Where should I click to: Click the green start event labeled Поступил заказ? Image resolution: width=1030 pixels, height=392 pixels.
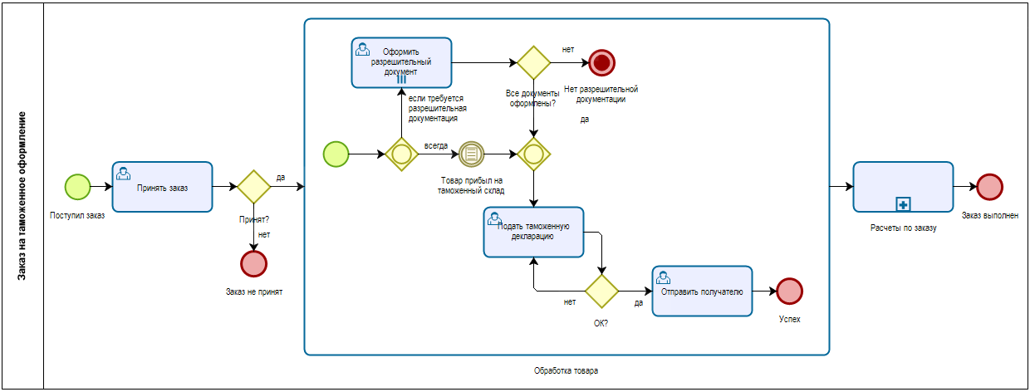tap(78, 187)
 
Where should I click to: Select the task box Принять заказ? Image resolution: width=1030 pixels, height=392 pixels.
tap(162, 187)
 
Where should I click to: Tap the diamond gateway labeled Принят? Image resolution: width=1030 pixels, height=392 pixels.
tap(254, 187)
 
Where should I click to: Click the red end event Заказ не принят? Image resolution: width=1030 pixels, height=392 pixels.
tap(254, 264)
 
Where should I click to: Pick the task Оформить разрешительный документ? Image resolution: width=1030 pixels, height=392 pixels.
tap(401, 62)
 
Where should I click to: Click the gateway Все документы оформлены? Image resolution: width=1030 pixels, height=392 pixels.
tap(533, 62)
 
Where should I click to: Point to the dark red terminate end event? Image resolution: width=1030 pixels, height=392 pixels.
tap(602, 62)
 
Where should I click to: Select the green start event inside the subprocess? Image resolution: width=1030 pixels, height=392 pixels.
tap(336, 154)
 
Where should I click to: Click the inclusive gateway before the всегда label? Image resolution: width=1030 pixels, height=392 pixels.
tap(401, 154)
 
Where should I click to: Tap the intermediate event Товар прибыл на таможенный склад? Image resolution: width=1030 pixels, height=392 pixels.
tap(471, 154)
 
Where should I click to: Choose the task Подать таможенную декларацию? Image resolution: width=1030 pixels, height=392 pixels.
tap(533, 232)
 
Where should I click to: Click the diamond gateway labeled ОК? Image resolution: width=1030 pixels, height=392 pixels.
tap(602, 292)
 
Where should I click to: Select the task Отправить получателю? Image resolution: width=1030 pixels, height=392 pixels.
tap(702, 292)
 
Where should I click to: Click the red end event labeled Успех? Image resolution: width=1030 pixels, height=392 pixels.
tap(789, 292)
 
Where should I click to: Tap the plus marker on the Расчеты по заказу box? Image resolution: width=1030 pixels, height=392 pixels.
tap(903, 204)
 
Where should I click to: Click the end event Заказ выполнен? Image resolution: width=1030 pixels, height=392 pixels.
tap(989, 187)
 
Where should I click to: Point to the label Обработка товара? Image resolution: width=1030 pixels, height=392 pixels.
tap(566, 370)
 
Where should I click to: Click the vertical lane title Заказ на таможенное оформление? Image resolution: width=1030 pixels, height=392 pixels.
tap(22, 196)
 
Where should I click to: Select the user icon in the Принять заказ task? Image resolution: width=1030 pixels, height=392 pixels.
tap(123, 174)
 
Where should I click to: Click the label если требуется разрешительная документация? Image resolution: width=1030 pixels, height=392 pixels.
tap(437, 109)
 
